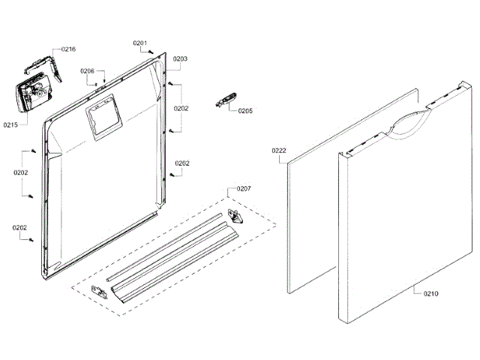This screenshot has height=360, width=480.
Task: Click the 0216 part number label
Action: click(x=68, y=49)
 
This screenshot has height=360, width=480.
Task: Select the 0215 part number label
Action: click(x=10, y=124)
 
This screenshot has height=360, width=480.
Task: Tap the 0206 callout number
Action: click(x=88, y=71)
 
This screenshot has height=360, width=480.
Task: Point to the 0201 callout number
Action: click(x=140, y=43)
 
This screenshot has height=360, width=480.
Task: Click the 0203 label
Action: click(x=180, y=58)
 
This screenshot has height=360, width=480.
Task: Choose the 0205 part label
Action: click(x=245, y=111)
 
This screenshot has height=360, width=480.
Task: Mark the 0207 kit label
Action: click(x=244, y=187)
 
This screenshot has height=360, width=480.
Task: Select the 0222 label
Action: click(x=279, y=151)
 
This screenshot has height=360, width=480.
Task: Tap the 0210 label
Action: click(x=430, y=293)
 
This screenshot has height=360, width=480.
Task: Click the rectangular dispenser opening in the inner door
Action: click(x=100, y=118)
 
